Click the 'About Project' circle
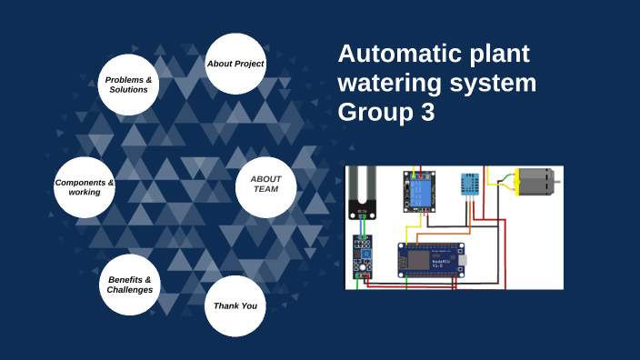(x=235, y=64)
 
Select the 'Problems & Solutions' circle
(x=128, y=85)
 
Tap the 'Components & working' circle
(x=85, y=186)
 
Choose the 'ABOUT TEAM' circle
(x=266, y=185)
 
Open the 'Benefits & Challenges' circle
(x=130, y=285)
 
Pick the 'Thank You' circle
(x=235, y=305)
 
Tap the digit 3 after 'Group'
(x=427, y=114)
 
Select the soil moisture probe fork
(x=362, y=191)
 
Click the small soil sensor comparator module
(x=363, y=255)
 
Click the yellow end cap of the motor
(x=510, y=183)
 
